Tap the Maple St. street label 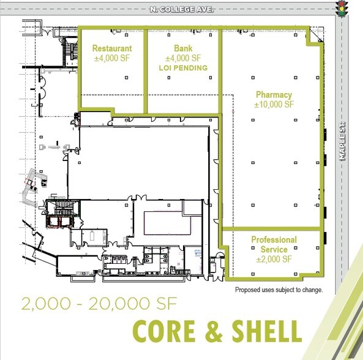click(x=344, y=141)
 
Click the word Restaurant click(x=111, y=48)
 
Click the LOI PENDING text click(x=182, y=68)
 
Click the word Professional click(x=274, y=240)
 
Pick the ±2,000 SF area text click(x=274, y=259)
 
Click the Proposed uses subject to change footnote click(x=279, y=290)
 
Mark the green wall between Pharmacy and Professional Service click(x=271, y=228)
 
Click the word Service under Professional click(x=274, y=249)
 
